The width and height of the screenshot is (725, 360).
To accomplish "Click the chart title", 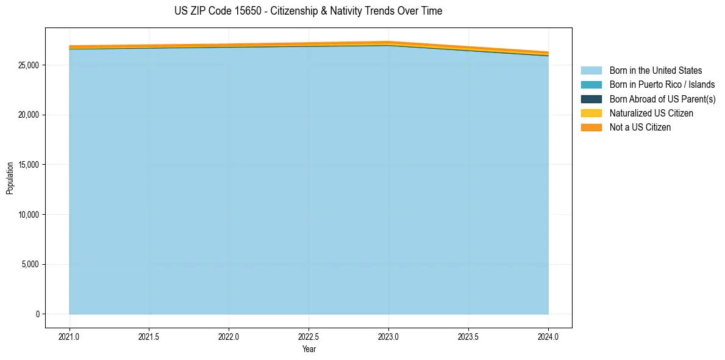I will (308, 11).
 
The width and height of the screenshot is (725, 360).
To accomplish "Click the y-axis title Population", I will (10, 178).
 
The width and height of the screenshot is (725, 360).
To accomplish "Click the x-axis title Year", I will (309, 349).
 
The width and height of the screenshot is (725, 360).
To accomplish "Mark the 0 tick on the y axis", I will (37, 314).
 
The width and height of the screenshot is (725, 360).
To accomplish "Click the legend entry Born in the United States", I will (655, 71).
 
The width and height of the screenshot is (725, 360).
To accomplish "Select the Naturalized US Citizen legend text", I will (651, 113).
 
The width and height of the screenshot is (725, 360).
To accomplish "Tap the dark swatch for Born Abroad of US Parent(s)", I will (591, 99).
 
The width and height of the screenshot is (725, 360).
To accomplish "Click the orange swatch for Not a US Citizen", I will (591, 128).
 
